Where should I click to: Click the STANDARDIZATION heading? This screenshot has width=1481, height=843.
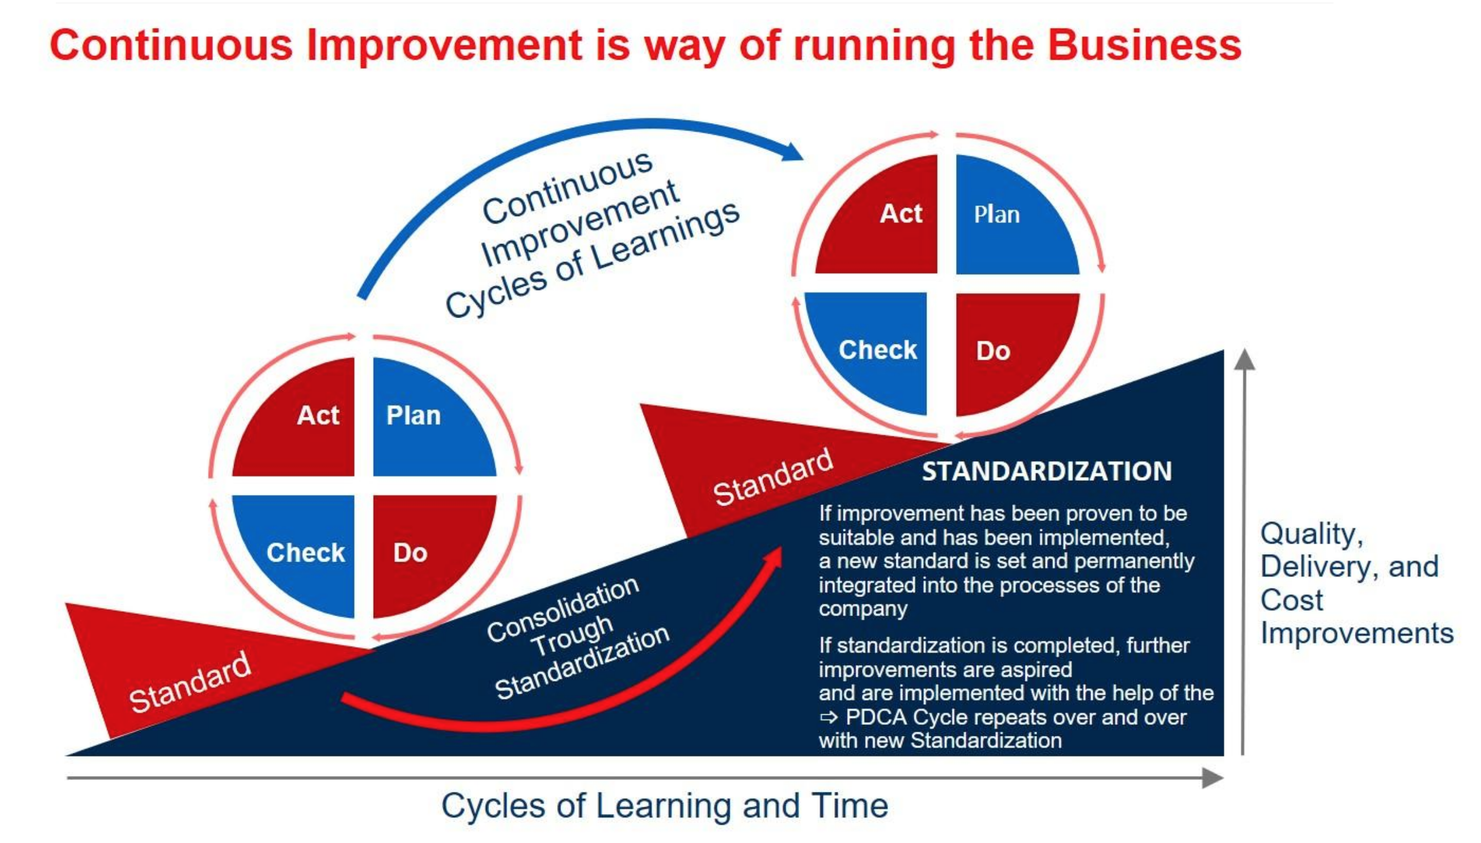[x=1047, y=471]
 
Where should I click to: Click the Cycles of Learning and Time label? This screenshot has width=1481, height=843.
[x=665, y=806]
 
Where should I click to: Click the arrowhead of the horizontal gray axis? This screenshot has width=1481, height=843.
[x=1213, y=778]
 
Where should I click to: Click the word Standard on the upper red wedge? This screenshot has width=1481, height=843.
[x=773, y=477]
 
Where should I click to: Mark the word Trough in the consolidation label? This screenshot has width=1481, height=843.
[x=572, y=635]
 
